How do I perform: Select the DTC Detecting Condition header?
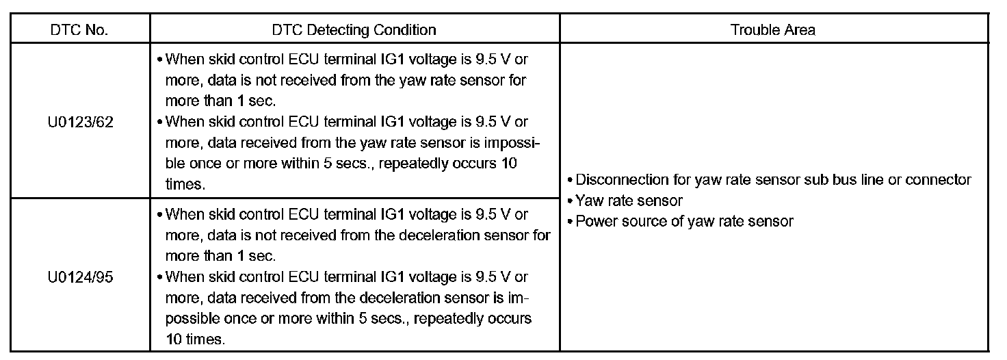pos(354,30)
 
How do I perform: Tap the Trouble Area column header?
pos(772,30)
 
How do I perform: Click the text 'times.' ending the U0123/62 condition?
pos(184,185)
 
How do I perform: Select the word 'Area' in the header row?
pos(801,30)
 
